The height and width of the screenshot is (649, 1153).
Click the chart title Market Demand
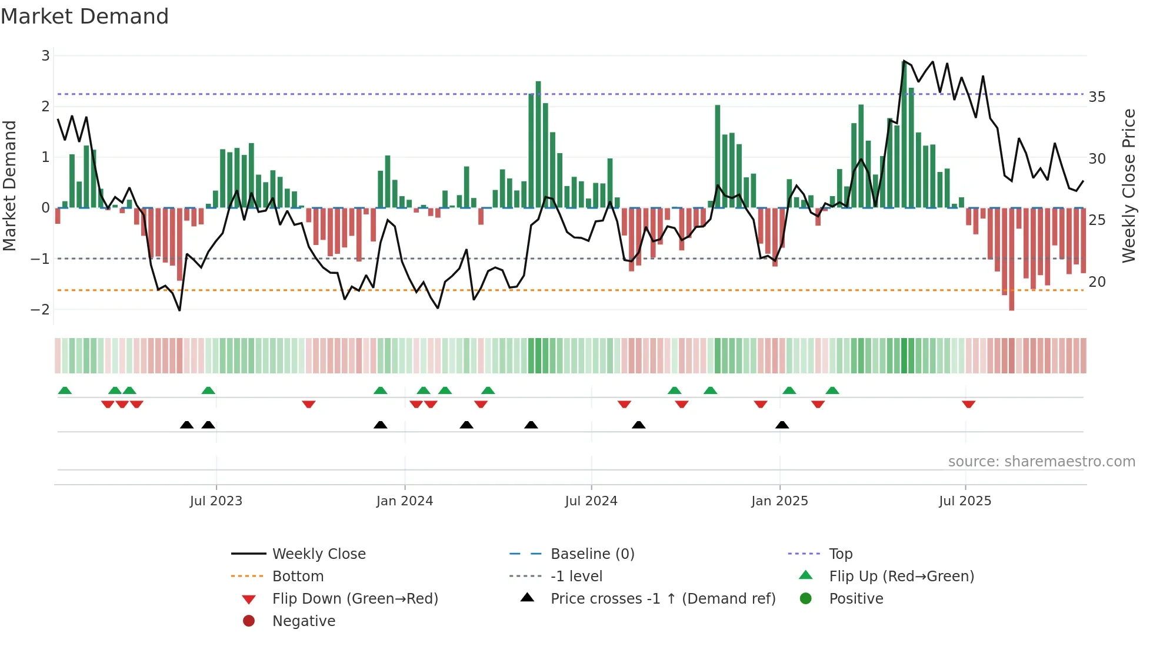[85, 16]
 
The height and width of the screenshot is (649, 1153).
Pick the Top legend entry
[840, 554]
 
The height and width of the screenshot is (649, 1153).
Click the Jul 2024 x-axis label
[591, 501]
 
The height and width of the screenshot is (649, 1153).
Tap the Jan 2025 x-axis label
[779, 501]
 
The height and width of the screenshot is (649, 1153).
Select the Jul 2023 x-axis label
[216, 501]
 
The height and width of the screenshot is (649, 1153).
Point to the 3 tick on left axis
[45, 56]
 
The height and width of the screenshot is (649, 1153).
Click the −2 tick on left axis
[41, 309]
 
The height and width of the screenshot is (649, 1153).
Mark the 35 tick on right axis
[1097, 97]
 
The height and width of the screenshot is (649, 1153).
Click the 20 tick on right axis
[1097, 282]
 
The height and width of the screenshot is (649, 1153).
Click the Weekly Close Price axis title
[1128, 186]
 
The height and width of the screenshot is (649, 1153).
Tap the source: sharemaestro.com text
[1041, 461]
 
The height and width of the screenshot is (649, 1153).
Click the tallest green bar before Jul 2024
[538, 144]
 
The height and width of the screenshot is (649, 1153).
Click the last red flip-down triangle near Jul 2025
[968, 404]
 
